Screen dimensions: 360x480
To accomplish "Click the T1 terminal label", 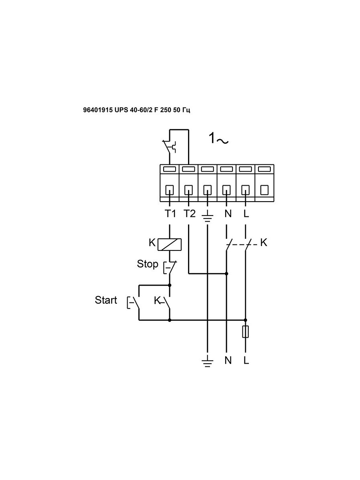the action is click(170, 214).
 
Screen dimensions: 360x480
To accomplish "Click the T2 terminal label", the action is click(189, 214).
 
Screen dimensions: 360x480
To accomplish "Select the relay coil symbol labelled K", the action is click(169, 244).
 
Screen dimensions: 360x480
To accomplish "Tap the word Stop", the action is click(147, 264).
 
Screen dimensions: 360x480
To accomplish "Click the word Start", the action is click(106, 300).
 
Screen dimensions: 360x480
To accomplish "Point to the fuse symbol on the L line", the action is click(246, 332).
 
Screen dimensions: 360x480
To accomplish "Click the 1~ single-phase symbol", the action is click(218, 139).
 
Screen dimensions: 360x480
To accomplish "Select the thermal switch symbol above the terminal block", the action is click(170, 147).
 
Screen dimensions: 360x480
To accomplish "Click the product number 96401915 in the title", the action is click(98, 110).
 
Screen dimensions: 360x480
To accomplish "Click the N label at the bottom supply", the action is click(228, 360).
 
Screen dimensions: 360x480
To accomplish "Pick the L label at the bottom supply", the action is click(246, 360).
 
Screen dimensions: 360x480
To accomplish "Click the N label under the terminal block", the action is click(228, 214).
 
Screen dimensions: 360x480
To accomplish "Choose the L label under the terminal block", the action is click(246, 214).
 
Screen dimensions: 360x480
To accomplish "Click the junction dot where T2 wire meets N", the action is click(226, 274).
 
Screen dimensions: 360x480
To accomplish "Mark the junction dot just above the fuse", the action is click(246, 320).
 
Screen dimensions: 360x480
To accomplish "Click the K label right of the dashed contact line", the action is click(264, 242).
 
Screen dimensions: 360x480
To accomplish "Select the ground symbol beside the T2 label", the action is click(208, 218).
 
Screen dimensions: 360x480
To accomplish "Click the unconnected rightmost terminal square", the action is click(264, 190).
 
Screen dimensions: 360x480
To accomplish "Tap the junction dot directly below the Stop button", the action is click(170, 285).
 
